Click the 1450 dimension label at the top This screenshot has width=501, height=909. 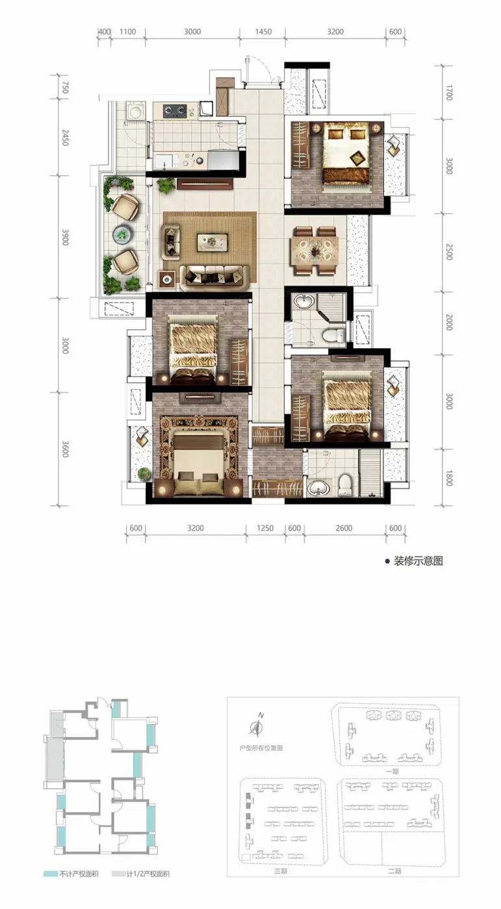263,32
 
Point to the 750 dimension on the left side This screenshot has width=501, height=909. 65,88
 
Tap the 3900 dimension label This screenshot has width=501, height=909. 65,237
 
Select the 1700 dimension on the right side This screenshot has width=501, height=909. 448,92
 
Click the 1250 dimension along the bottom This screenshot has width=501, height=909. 265,528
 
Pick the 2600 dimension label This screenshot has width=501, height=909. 344,528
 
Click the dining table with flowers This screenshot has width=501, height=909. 315,251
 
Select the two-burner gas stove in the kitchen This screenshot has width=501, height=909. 175,110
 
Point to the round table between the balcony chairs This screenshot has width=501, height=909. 122,234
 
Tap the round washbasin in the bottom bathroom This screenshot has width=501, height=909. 318,488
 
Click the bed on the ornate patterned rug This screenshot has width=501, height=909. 199,462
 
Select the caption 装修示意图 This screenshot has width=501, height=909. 418,561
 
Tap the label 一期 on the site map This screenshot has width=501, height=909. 392,771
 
